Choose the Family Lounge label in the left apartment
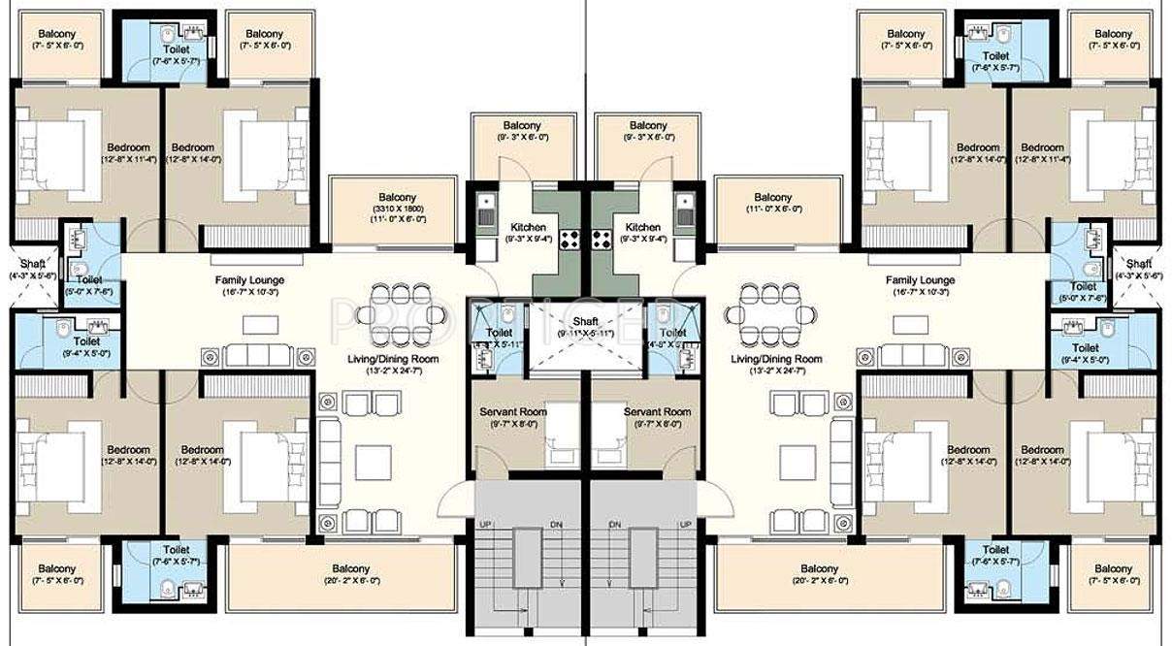point(248,280)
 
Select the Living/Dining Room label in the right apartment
point(776,359)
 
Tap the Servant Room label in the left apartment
point(513,411)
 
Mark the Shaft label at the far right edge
point(1139,264)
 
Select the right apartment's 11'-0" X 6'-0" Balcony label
point(773,198)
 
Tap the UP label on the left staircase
point(485,525)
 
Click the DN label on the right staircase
point(614,525)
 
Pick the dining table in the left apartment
point(392,313)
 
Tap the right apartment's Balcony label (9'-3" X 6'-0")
point(648,126)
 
